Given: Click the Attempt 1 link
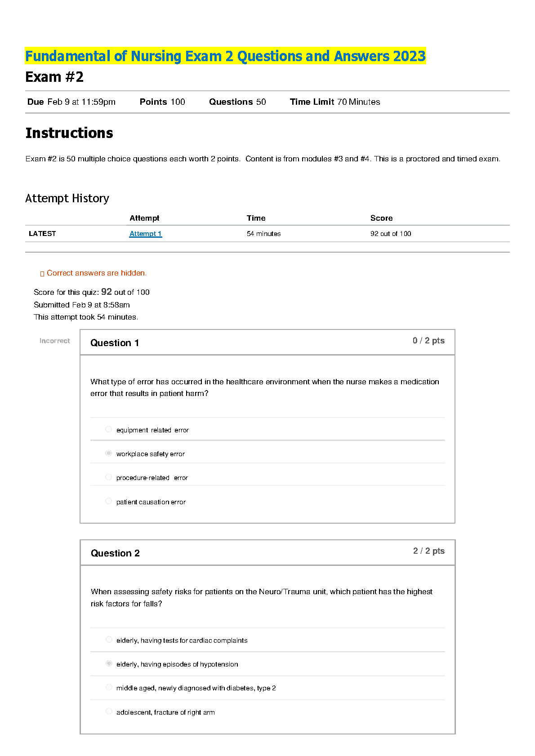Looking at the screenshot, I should (x=145, y=234).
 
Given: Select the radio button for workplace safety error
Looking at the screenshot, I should (x=108, y=453).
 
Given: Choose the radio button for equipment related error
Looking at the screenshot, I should (x=108, y=429).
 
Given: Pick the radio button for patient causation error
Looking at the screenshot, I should (x=108, y=501).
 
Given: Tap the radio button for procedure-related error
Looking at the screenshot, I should (x=108, y=477).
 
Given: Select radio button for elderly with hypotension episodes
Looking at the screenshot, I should (x=109, y=663).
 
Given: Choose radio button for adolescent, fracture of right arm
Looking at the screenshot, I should (x=109, y=711).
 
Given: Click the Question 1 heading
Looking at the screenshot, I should (x=115, y=343).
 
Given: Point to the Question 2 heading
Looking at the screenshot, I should (x=115, y=553).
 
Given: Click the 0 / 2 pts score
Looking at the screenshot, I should (x=428, y=341).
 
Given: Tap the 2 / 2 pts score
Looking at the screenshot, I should (x=429, y=551).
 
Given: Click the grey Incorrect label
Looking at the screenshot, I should (x=55, y=341).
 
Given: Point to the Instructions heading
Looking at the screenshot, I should (x=69, y=133).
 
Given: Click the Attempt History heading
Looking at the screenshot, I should (x=67, y=198).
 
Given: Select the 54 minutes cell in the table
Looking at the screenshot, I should (x=263, y=234).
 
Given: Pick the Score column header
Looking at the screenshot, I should (x=381, y=218).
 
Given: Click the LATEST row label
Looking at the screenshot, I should (x=42, y=234).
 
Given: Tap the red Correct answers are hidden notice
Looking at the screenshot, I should (x=96, y=273).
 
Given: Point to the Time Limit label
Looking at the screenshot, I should (x=312, y=102).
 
